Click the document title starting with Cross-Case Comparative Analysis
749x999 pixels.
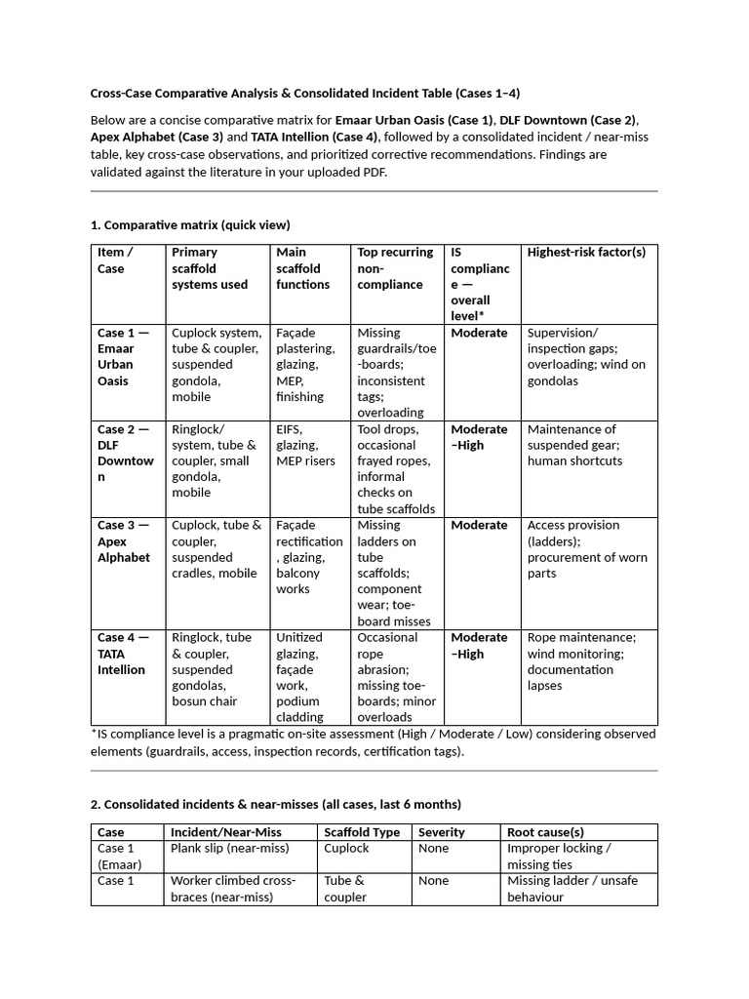[x=305, y=94]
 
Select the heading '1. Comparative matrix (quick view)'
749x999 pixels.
[x=190, y=225]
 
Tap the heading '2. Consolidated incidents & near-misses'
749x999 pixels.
[x=276, y=804]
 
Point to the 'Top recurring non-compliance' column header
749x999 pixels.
[x=395, y=268]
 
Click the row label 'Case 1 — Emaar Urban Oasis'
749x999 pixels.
[x=124, y=356]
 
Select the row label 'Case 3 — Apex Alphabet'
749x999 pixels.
[x=124, y=540]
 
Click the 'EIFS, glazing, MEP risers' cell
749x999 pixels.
[x=306, y=445]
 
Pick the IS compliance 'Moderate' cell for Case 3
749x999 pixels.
[x=479, y=525]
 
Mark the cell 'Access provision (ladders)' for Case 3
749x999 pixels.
[x=582, y=548]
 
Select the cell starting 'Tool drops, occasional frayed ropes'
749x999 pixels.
[x=396, y=468]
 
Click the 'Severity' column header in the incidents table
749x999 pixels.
[x=442, y=832]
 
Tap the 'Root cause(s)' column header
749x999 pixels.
[x=545, y=832]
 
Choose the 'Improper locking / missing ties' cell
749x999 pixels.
[x=559, y=856]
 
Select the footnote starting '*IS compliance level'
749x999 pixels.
[x=374, y=742]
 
